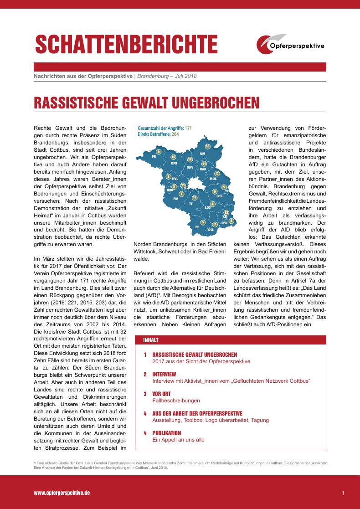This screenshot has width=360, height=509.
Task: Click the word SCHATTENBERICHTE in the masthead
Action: click(x=126, y=45)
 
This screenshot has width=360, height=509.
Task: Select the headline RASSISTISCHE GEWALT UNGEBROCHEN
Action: click(x=147, y=103)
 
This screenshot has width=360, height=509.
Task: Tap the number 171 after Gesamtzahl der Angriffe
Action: click(x=188, y=129)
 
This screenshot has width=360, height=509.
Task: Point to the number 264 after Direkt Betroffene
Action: click(x=175, y=134)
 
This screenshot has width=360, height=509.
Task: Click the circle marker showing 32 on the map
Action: click(x=226, y=212)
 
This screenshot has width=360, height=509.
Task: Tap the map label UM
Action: click(x=203, y=153)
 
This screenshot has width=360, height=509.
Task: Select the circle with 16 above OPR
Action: click(x=173, y=157)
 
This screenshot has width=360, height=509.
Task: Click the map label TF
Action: click(x=191, y=204)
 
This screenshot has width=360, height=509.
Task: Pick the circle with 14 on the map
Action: click(x=195, y=197)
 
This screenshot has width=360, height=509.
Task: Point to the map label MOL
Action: click(x=213, y=179)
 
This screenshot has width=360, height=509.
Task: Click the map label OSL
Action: click(x=211, y=230)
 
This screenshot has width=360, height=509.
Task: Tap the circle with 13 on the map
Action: click(x=207, y=146)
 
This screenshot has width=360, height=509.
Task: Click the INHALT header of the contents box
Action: click(x=151, y=340)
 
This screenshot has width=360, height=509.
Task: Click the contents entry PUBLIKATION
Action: click(x=166, y=433)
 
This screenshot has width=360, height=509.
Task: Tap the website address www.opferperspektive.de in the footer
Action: click(x=62, y=493)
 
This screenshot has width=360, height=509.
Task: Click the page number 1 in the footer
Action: click(x=343, y=493)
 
